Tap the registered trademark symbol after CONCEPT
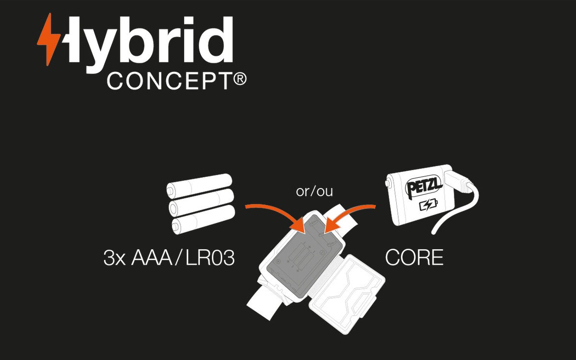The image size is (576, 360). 240,79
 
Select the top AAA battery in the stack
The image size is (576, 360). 199,184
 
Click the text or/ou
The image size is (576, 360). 314,191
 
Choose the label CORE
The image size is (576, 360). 414,258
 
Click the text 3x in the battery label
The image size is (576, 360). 115,258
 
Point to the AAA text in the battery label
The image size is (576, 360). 151,258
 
